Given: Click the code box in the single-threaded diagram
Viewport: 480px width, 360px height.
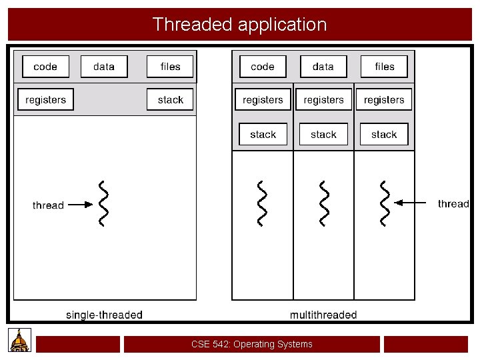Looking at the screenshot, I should [45, 67].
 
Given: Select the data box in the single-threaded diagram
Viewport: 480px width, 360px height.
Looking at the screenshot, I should [104, 67].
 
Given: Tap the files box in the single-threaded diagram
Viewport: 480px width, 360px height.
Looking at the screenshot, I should [171, 67].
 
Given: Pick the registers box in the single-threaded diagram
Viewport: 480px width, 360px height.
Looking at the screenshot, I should [46, 100].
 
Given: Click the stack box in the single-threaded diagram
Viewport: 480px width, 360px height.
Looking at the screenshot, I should [171, 100].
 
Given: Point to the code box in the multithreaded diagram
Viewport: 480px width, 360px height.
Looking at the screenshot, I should [263, 67].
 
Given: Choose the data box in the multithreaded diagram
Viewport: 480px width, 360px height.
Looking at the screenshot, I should [323, 67].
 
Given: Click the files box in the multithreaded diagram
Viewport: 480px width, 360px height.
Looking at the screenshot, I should [385, 67].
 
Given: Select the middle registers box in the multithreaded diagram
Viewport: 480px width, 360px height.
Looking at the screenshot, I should [323, 100].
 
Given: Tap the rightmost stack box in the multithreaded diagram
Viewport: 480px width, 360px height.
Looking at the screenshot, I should [384, 135].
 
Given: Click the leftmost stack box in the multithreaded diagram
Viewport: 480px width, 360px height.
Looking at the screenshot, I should [263, 135].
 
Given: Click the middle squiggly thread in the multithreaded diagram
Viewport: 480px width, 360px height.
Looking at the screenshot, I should [324, 203].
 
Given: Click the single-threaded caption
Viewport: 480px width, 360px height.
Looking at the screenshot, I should [104, 315].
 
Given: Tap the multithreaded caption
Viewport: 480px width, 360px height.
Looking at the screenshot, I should [323, 315].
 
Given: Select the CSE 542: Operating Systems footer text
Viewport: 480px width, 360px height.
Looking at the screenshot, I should [251, 345].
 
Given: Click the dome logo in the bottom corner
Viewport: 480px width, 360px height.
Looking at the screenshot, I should [20, 340].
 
